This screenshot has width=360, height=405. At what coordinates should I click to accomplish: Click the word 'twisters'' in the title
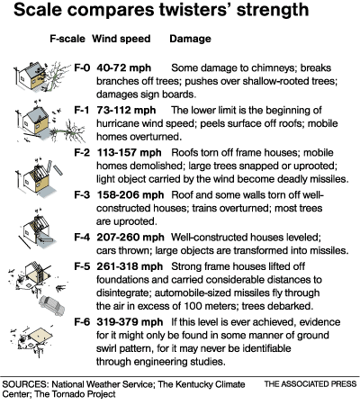point(195,10)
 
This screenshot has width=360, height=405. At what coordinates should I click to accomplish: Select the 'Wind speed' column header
point(121,39)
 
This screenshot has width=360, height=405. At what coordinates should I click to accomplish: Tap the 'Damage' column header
point(190,39)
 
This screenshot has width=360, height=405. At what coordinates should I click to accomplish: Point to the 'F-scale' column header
point(67,39)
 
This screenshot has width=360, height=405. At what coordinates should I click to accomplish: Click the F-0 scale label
point(82,67)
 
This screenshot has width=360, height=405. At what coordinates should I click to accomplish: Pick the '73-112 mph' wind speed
point(126,111)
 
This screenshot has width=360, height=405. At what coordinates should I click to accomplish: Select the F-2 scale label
point(82,152)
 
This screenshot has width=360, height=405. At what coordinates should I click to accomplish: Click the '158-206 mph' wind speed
point(130,195)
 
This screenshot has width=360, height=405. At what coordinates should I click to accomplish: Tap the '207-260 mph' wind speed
point(130,238)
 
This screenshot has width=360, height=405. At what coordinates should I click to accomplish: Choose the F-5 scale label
point(82,266)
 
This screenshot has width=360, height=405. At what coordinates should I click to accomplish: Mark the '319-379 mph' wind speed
point(130,322)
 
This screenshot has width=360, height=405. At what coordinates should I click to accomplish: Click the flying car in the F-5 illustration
point(52,305)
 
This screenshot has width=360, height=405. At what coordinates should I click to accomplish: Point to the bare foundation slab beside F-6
point(40,335)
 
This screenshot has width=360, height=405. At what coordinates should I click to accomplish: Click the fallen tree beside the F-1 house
point(67,131)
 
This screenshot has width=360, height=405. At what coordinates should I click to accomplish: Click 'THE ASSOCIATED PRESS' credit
point(310,384)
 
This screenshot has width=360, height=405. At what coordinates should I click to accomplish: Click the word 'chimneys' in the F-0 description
point(269,68)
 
